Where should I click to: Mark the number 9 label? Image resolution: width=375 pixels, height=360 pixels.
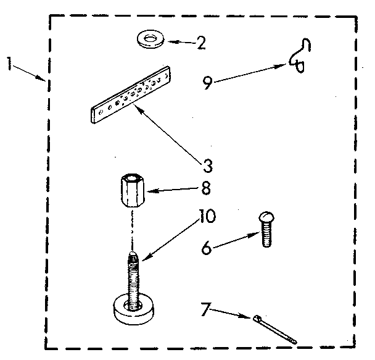(208, 82)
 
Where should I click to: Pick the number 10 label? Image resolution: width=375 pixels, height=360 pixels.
(207, 216)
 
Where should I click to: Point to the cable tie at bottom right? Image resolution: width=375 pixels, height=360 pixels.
(273, 329)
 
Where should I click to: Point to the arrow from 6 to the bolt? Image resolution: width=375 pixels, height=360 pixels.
(237, 240)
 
